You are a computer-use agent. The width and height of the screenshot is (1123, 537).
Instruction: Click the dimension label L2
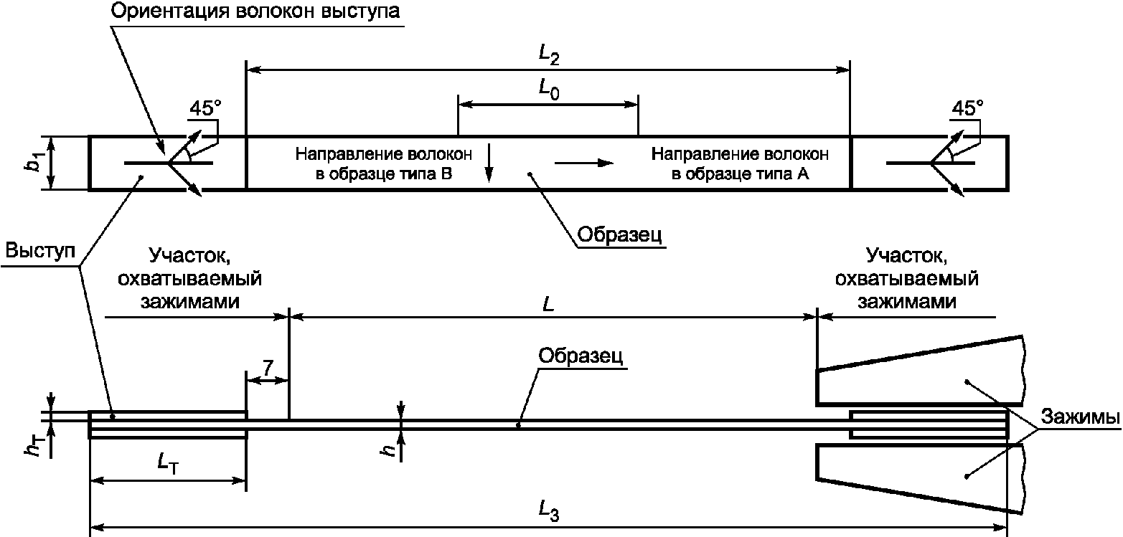click(x=549, y=54)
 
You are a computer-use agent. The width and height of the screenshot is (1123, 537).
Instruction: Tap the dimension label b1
click(x=35, y=162)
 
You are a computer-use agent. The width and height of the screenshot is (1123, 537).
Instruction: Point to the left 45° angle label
click(x=205, y=108)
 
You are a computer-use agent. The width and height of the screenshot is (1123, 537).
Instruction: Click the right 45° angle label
click(x=967, y=108)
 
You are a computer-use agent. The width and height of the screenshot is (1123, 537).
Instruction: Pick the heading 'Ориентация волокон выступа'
click(x=255, y=11)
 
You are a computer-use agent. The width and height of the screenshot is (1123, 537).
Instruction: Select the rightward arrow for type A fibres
click(x=584, y=163)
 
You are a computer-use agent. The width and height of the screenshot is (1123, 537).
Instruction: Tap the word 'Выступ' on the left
click(x=40, y=250)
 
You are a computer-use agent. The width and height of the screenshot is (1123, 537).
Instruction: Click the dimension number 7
click(x=268, y=369)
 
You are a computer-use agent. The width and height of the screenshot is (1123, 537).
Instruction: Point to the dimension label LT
click(x=168, y=464)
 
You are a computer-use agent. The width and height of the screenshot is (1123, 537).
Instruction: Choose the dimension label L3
click(x=549, y=511)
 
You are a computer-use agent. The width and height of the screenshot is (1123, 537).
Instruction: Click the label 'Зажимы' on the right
click(x=1081, y=417)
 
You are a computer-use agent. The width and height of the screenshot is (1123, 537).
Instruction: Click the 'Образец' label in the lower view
click(x=581, y=356)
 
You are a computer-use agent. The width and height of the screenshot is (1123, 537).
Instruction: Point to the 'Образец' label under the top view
click(x=619, y=234)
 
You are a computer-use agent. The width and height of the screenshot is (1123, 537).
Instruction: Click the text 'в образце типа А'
click(x=740, y=174)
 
